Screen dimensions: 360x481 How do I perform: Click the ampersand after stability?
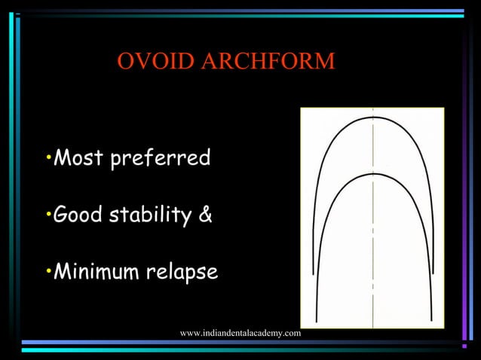(x=205, y=216)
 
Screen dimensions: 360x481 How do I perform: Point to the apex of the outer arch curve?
(x=373, y=117)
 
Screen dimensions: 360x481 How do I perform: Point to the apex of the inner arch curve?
(x=373, y=174)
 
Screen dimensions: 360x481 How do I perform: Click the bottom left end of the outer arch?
(x=316, y=321)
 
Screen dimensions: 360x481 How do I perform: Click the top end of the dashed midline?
(x=373, y=110)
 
